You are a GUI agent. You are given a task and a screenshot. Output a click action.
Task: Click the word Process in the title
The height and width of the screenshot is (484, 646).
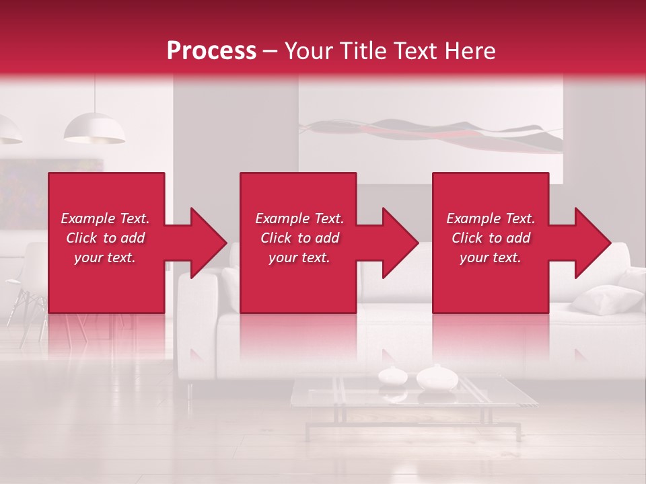coord(211,51)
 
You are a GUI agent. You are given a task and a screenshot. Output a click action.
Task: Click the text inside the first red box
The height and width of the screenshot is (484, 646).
coord(106,238)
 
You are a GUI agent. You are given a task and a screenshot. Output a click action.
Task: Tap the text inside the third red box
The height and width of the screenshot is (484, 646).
coord(491,238)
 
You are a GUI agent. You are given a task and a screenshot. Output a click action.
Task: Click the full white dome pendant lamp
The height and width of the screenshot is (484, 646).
coord(94,129)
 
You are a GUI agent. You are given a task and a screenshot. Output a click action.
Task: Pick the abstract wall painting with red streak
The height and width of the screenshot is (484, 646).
coord(431,131)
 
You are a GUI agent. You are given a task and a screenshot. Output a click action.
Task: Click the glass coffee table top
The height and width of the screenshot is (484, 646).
coord(414,393)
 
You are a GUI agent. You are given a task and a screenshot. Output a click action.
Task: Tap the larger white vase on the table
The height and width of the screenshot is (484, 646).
coord(437,378)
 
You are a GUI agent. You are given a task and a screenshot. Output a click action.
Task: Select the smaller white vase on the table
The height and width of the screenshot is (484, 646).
coord(391,375)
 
